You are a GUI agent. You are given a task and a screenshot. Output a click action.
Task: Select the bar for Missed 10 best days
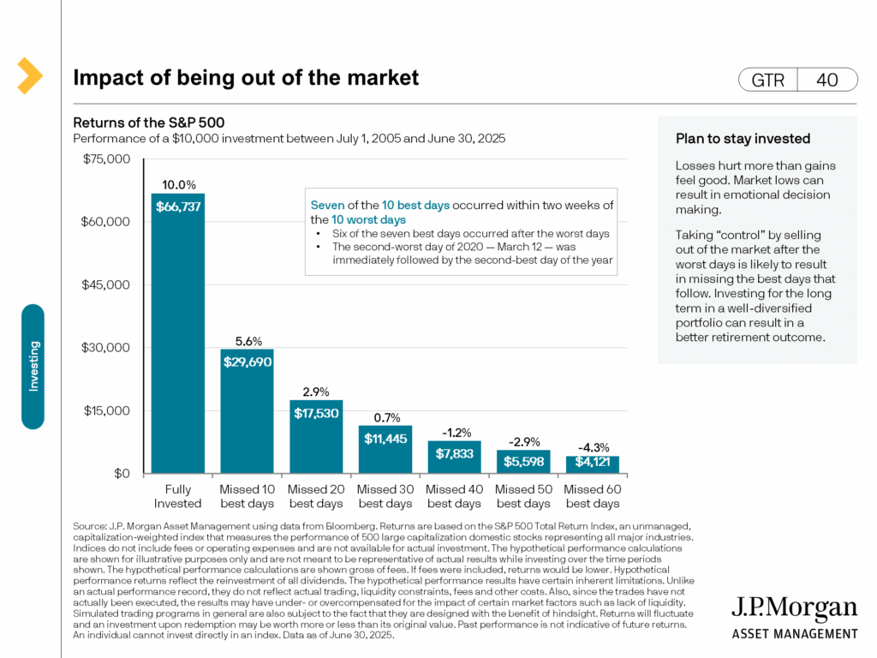248,411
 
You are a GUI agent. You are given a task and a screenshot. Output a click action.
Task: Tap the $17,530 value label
316,413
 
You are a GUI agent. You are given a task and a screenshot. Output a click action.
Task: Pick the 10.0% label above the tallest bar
179,184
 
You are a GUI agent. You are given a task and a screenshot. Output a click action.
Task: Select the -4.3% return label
592,446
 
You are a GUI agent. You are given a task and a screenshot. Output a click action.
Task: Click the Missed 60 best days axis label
592,496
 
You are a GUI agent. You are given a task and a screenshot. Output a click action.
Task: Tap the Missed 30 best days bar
385,450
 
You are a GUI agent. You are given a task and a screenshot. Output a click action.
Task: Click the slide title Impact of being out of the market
246,78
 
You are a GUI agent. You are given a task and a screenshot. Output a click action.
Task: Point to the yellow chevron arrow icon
29,75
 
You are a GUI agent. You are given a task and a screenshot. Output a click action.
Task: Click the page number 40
827,80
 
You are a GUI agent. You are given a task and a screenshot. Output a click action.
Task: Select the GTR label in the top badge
767,80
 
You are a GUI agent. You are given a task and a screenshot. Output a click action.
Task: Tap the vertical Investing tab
33,366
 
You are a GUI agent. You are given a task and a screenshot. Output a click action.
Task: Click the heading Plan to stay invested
731,139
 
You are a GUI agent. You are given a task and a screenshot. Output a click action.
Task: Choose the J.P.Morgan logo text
794,609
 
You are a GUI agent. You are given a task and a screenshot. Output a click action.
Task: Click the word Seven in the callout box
328,206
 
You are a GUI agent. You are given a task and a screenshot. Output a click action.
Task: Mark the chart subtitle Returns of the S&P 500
149,123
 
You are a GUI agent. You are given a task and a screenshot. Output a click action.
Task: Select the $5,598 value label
523,460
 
